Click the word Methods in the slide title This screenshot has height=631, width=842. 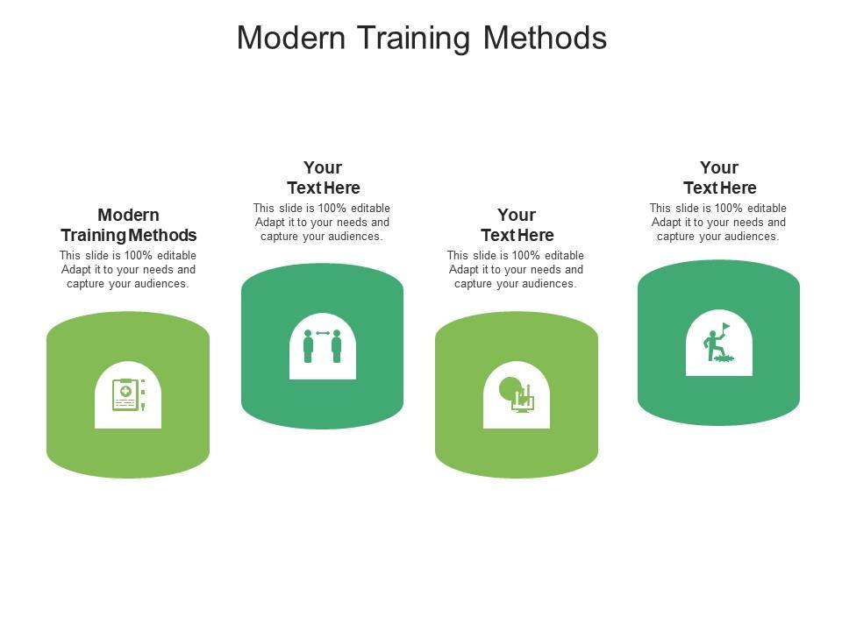(x=545, y=38)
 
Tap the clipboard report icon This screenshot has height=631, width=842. (x=128, y=395)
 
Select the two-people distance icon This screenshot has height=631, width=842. (x=322, y=346)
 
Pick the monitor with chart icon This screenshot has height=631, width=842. (x=517, y=395)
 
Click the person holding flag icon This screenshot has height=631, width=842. (x=718, y=343)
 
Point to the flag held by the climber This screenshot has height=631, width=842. (x=725, y=326)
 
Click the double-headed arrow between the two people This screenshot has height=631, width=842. (x=323, y=333)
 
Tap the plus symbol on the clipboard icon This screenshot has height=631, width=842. (x=125, y=391)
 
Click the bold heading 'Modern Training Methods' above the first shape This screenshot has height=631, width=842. (x=128, y=225)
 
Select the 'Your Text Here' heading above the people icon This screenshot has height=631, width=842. (x=323, y=178)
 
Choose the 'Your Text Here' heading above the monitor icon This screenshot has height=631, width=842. (x=517, y=225)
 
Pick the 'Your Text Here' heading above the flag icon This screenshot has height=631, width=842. (x=719, y=178)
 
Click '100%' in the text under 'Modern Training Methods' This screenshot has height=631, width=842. (x=138, y=255)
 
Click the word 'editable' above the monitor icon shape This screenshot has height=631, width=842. (x=564, y=255)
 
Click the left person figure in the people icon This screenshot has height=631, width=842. (x=308, y=346)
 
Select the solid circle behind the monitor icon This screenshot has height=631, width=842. (x=509, y=388)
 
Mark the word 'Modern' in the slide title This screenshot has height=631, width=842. (x=291, y=38)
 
